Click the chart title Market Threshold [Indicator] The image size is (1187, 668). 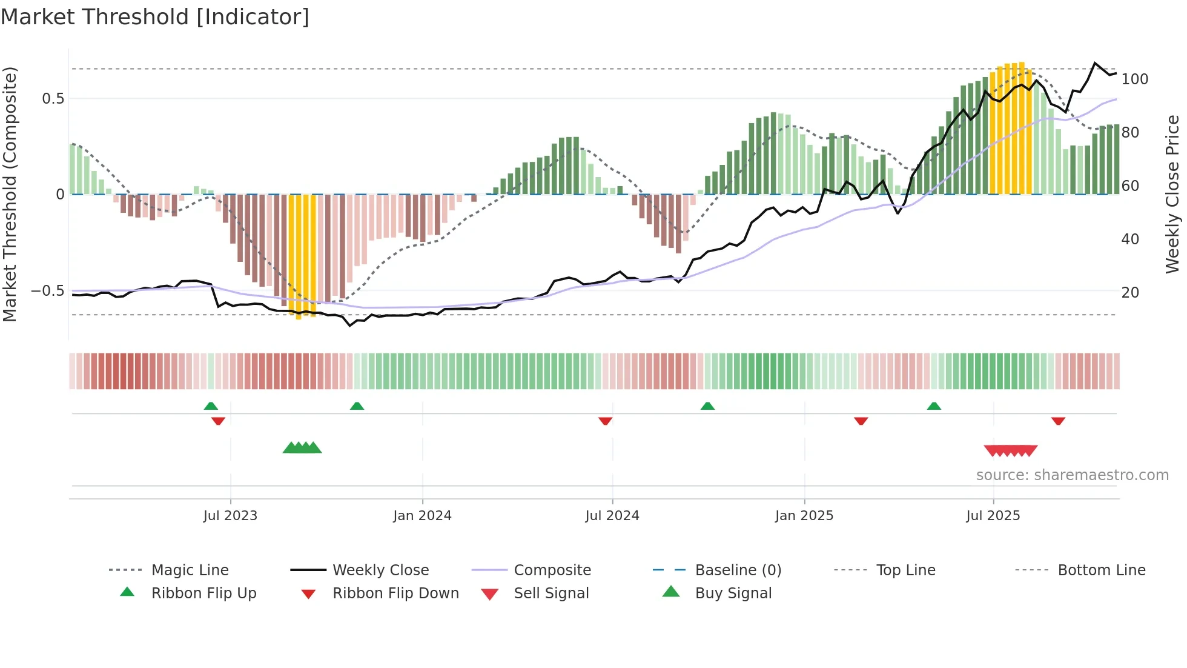point(155,17)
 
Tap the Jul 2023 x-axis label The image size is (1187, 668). point(230,515)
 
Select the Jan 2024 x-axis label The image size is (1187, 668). point(422,515)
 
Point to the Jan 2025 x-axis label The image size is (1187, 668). point(804,515)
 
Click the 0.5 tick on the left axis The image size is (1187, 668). point(53,98)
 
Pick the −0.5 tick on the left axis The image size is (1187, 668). point(48,290)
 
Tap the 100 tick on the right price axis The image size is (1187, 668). point(1134,79)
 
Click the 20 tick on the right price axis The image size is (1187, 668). point(1130,292)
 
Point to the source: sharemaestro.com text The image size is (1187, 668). point(1072,475)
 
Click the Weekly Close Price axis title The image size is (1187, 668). point(1172,194)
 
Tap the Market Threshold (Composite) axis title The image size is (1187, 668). point(10,194)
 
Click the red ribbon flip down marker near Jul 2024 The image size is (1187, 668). point(605,421)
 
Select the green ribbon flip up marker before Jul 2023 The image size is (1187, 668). point(211,406)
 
